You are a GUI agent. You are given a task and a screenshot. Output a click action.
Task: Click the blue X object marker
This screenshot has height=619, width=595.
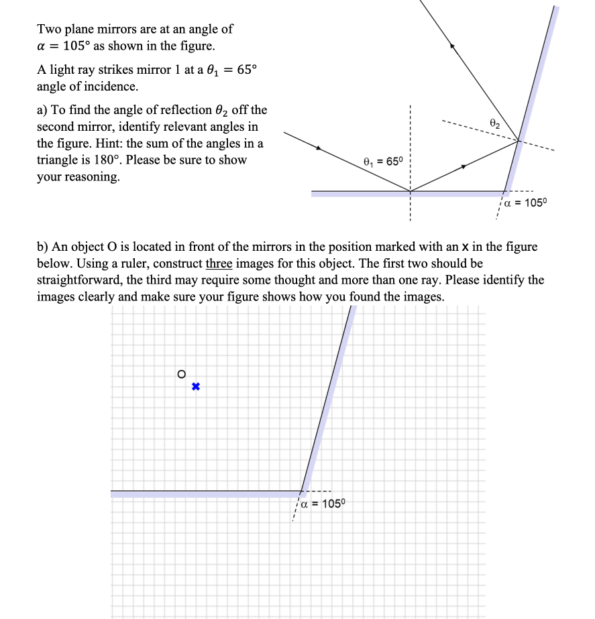coord(195,387)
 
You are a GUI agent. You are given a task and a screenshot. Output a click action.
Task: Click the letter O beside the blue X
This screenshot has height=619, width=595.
coord(181,375)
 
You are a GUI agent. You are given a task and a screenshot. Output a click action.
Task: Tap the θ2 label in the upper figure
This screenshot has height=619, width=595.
coord(495,123)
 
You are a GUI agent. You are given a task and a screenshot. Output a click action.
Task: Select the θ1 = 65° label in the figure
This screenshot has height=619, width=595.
coord(381,161)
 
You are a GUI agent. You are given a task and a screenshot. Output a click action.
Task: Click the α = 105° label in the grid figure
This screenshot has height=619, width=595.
coord(320,504)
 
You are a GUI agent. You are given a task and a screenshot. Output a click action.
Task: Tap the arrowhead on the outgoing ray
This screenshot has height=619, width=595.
coord(453,46)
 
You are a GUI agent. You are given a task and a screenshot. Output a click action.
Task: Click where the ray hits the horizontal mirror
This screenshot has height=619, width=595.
coord(410,191)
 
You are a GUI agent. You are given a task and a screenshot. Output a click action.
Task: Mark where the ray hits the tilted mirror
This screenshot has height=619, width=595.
coord(519,140)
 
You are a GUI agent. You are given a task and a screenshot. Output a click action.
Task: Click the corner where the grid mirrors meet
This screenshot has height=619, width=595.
coord(302,491)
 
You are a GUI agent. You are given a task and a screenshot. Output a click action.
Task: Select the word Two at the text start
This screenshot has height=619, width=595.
coord(48,29)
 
